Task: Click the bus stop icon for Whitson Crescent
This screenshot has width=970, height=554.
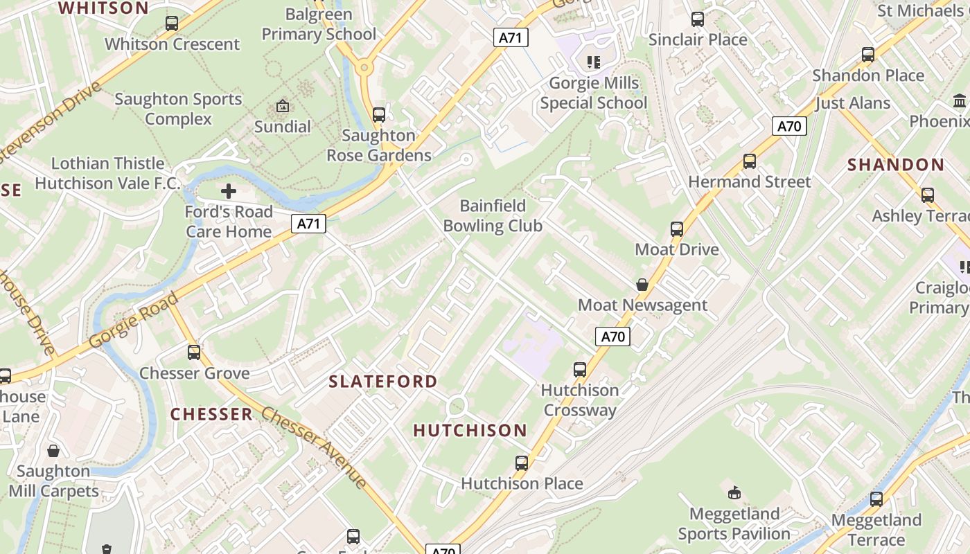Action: pos(172,24)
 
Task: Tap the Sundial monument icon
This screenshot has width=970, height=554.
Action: pos(283,107)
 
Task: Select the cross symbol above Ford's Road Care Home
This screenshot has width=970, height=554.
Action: pos(229,191)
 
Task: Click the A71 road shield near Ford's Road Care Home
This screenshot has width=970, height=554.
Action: pos(308,224)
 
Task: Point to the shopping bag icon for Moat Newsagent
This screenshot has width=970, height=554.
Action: pos(642,285)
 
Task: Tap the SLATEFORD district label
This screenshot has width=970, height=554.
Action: pos(382,382)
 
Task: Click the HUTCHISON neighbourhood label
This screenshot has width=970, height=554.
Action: pos(470,431)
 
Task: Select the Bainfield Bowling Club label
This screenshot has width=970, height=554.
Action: pos(493,215)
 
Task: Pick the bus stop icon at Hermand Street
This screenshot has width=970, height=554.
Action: pos(749,161)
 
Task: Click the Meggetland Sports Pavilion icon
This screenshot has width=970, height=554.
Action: pos(734,493)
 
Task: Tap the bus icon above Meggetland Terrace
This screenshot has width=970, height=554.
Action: pos(876,499)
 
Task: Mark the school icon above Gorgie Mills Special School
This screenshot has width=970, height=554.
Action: pos(593,62)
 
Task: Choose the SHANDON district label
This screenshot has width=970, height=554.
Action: pos(896,165)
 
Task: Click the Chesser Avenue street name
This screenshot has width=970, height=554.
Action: pos(314,447)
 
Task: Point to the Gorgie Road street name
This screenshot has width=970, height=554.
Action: pos(133,321)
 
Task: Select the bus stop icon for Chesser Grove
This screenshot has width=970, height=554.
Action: pos(194,352)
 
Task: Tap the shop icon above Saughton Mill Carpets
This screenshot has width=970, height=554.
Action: pos(53,452)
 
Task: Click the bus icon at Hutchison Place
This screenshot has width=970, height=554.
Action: pos(522,463)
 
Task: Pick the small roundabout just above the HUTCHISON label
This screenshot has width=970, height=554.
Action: pos(457,406)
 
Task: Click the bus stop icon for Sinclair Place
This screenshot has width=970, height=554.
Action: pos(698,19)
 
